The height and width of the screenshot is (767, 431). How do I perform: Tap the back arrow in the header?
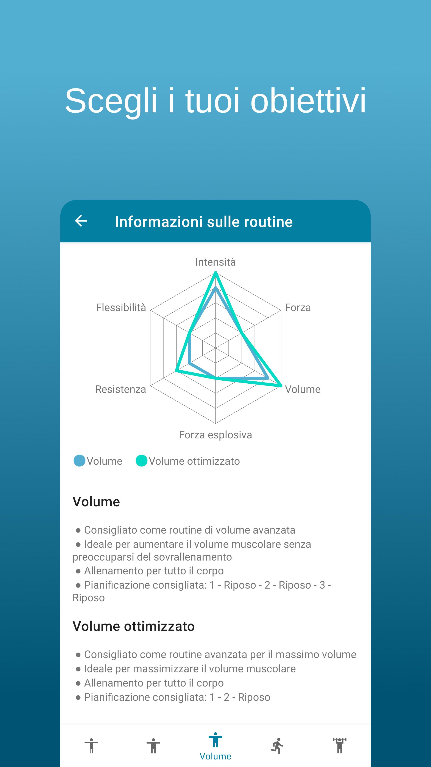tap(81, 221)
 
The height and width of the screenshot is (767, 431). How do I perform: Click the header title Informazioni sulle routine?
tap(204, 222)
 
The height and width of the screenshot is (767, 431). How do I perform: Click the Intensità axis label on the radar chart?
tap(215, 262)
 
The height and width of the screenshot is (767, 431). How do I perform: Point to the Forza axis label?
tap(298, 308)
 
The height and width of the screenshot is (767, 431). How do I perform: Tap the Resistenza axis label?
tap(120, 389)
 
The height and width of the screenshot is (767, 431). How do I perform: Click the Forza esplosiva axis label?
tap(215, 435)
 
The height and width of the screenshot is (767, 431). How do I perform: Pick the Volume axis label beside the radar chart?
tap(303, 389)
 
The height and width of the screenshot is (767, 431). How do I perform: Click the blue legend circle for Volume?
tap(80, 461)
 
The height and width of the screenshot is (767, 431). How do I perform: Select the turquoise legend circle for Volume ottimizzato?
tap(142, 461)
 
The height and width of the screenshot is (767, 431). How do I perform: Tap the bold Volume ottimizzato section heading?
tap(134, 626)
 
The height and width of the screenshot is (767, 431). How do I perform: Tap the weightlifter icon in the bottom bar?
tap(339, 746)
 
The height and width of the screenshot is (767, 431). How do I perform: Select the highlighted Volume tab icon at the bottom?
tap(215, 740)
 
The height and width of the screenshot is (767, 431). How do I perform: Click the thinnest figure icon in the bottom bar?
tap(91, 746)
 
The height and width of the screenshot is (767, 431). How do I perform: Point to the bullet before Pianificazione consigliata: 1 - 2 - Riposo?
tap(78, 697)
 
